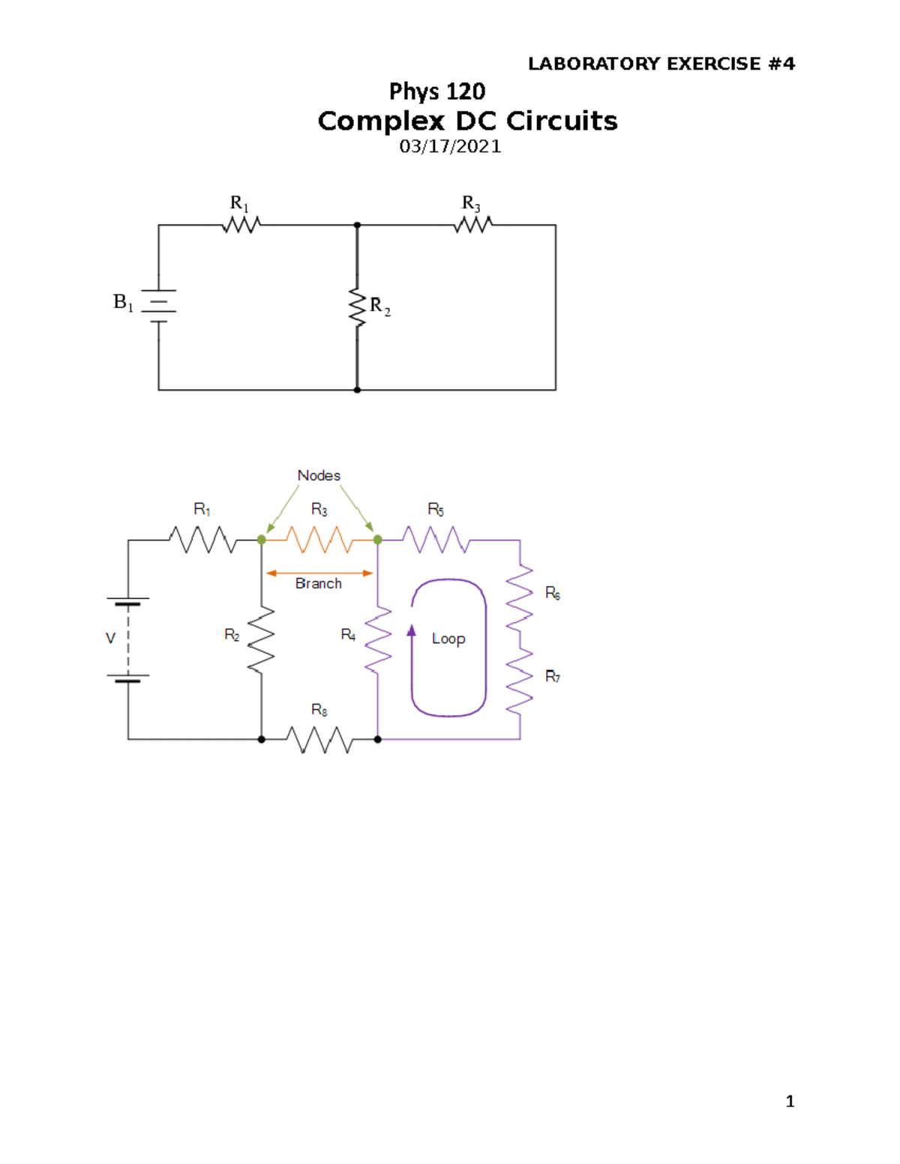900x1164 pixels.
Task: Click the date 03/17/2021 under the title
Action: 450,146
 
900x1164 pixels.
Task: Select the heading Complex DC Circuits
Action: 467,121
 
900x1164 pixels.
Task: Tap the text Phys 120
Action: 436,91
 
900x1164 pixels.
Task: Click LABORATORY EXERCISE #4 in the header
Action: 661,64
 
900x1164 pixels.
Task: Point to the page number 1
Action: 790,1101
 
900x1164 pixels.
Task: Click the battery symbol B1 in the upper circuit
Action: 158,306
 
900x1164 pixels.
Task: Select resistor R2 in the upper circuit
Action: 357,306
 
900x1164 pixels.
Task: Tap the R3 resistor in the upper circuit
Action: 473,224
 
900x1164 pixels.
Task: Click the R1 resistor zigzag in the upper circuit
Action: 241,224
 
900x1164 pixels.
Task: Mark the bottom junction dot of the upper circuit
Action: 357,390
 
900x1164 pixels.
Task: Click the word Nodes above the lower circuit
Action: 319,475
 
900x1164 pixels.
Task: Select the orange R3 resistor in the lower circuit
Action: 319,540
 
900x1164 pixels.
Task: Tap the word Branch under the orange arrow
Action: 319,583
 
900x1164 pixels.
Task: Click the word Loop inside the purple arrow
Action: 448,639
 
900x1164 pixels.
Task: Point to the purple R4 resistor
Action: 377,639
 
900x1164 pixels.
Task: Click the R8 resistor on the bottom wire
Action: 319,739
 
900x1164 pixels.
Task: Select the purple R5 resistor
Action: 436,540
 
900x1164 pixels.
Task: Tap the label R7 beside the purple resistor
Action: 552,676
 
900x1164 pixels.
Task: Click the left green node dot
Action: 261,540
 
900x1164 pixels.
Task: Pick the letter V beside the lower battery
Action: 110,639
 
